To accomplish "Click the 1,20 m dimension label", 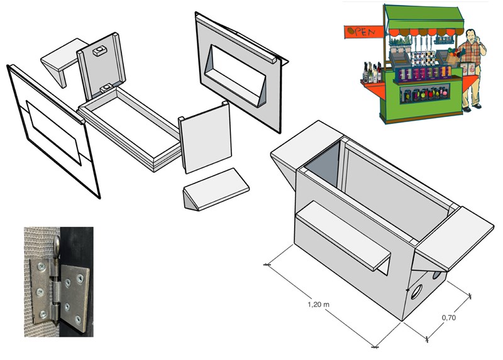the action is pyautogui.click(x=318, y=304).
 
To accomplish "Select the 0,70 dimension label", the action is pyautogui.click(x=448, y=318).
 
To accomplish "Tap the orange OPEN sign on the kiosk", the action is pyautogui.click(x=364, y=32).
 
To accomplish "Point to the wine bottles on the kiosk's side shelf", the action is pyautogui.click(x=372, y=72).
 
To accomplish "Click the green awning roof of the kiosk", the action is pyautogui.click(x=424, y=18).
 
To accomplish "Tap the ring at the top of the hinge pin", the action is pyautogui.click(x=57, y=244).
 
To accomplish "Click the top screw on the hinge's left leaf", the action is pyautogui.click(x=41, y=266).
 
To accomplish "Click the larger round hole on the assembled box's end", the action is pyautogui.click(x=416, y=292).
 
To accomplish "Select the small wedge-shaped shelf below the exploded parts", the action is pyautogui.click(x=216, y=189).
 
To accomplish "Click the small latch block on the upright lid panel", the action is pyautogui.click(x=100, y=50).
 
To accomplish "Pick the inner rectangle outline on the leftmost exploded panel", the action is pyautogui.click(x=53, y=133).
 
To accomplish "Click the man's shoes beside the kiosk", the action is pyautogui.click(x=472, y=107).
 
